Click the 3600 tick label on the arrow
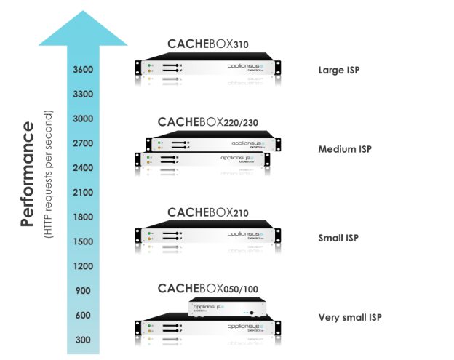pos(82,70)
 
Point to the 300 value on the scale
pos(82,340)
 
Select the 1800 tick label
pos(82,217)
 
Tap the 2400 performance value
pos(82,168)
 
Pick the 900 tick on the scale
pos(82,291)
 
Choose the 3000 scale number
pos(82,119)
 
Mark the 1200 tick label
pos(82,266)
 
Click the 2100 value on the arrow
pos(82,193)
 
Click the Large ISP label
pos(339,71)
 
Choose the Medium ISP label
pos(345,149)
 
